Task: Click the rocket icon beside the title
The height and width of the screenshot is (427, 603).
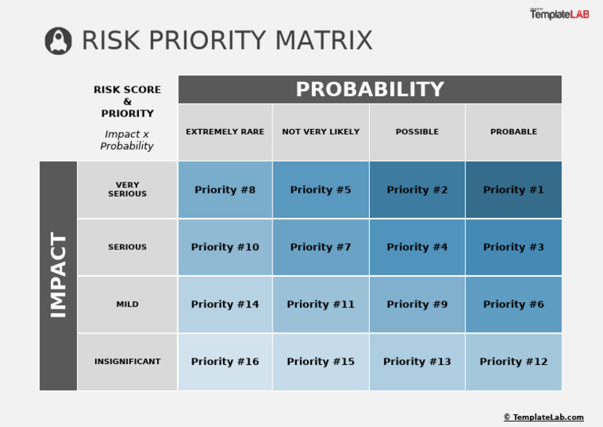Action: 58,41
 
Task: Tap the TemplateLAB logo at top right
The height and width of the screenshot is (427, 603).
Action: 558,14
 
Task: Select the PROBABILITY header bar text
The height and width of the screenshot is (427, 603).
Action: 370,90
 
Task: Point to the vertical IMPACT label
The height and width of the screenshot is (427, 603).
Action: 59,275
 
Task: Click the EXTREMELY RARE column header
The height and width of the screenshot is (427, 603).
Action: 225,132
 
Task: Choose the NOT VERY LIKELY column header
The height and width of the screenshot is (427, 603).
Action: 320,132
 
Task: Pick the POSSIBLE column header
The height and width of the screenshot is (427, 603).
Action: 417,132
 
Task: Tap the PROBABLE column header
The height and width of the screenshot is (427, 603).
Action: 513,132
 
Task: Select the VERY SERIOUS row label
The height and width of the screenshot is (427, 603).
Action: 127,190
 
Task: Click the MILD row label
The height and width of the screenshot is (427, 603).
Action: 127,304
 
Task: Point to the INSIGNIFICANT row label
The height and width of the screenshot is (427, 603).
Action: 127,362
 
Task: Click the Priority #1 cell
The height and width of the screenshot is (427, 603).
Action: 513,190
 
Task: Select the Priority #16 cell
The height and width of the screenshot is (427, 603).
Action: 225,362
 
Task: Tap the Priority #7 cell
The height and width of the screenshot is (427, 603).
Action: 320,247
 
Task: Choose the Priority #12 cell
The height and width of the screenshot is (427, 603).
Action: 513,362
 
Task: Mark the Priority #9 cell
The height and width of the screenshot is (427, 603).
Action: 417,304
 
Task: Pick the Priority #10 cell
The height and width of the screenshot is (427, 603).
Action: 225,247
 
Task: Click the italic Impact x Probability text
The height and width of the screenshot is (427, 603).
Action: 127,140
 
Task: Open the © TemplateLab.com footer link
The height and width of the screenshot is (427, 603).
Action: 543,418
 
